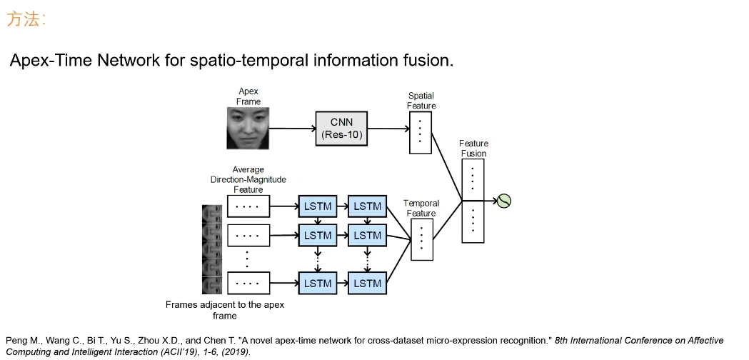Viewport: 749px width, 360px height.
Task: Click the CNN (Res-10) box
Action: (341, 129)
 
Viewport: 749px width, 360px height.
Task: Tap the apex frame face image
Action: (248, 129)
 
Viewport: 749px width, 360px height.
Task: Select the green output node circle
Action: (504, 201)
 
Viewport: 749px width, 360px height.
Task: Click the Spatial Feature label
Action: (421, 101)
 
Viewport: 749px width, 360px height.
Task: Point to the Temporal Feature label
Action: (421, 208)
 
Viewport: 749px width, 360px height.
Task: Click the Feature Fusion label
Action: (473, 149)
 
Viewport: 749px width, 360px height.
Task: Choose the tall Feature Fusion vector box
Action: (473, 201)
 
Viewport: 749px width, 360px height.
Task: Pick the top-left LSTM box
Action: (318, 206)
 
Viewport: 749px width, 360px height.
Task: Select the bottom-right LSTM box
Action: (367, 283)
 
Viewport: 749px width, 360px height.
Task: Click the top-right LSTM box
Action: (367, 206)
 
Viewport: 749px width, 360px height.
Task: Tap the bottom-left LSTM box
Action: (318, 283)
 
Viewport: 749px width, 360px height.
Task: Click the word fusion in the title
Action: (426, 60)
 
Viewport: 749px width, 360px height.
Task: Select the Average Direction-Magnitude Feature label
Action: (248, 180)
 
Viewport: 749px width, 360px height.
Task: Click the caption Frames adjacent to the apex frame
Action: (224, 310)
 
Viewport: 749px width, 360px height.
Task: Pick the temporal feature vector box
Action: (422, 239)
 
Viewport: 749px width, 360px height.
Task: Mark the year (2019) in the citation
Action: (236, 351)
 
